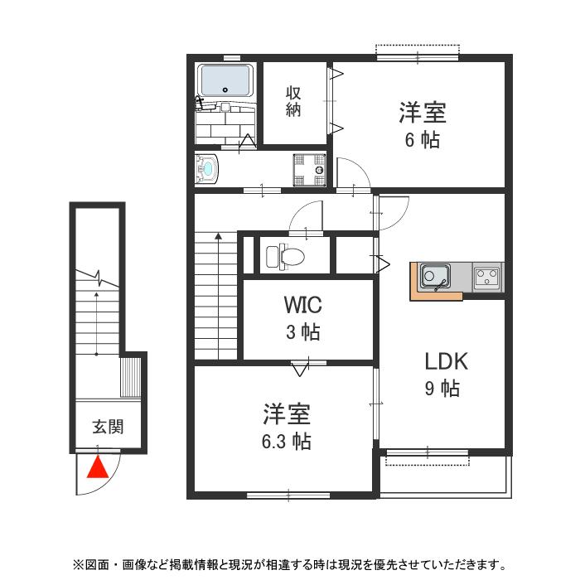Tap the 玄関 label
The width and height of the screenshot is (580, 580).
pos(107,428)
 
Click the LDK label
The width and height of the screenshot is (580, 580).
pos(447,361)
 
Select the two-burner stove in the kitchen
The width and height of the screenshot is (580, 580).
pos(487,275)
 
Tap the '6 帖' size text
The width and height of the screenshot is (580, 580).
pos(422,139)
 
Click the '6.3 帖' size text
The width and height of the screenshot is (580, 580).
pos(282,441)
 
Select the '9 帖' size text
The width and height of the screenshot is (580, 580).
pos(442,388)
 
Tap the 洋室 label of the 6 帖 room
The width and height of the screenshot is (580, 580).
pos(423,111)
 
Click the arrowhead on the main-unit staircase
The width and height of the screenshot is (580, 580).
pos(218,237)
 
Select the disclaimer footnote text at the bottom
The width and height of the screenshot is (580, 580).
pos(289,565)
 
